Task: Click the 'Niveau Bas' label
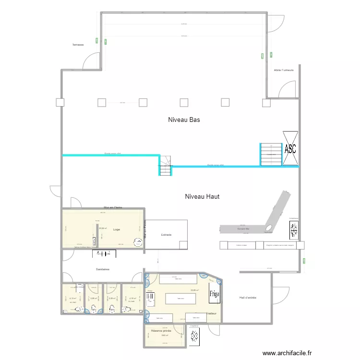[x=184, y=120]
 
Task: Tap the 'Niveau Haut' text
[x=202, y=196]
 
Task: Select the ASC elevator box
[x=290, y=149]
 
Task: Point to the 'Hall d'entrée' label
[x=248, y=298]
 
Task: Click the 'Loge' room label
[x=117, y=229]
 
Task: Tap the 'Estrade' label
[x=166, y=235]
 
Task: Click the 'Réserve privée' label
[x=161, y=331]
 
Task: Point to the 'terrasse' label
[x=78, y=45]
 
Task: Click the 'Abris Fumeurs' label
[x=283, y=70]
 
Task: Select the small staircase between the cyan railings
[x=165, y=166]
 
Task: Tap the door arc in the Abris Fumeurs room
[x=288, y=89]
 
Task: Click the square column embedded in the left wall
[x=60, y=102]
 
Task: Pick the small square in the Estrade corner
[x=183, y=245]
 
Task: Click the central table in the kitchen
[x=180, y=298]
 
